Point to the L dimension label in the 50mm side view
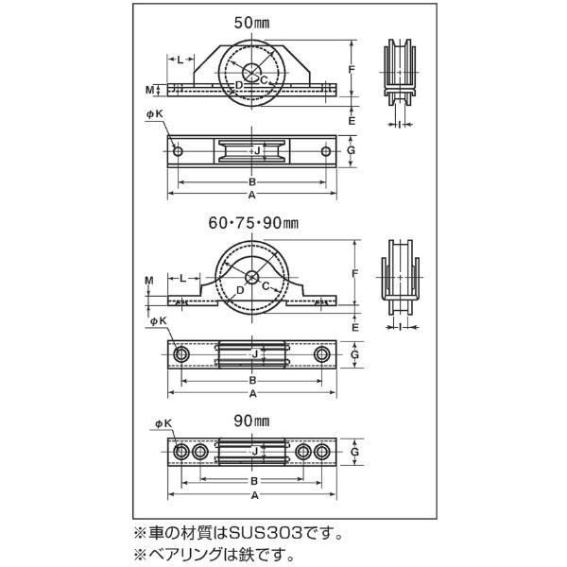[x=180, y=60]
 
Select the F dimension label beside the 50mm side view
[x=352, y=69]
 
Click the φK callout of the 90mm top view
[x=156, y=426]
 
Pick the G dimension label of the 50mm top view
[x=352, y=151]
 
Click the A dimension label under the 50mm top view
[x=252, y=195]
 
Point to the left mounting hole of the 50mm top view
[x=177, y=151]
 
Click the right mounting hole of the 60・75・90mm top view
[x=323, y=354]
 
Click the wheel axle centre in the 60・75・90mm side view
[x=251, y=277]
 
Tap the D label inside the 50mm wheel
[x=240, y=84]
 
